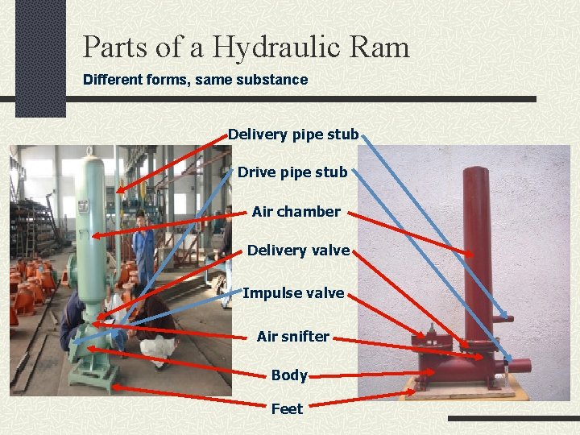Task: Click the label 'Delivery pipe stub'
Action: click(292, 135)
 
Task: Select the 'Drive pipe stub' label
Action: click(292, 172)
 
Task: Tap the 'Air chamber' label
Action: click(296, 211)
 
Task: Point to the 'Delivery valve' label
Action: click(298, 251)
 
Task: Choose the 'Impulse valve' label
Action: click(293, 292)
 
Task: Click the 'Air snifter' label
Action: click(292, 336)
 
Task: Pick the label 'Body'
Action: click(288, 375)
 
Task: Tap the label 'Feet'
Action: click(287, 408)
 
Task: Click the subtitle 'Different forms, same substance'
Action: click(196, 80)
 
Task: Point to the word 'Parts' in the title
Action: click(115, 47)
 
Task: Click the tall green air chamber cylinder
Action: click(91, 226)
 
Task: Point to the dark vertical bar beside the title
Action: click(40, 56)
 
